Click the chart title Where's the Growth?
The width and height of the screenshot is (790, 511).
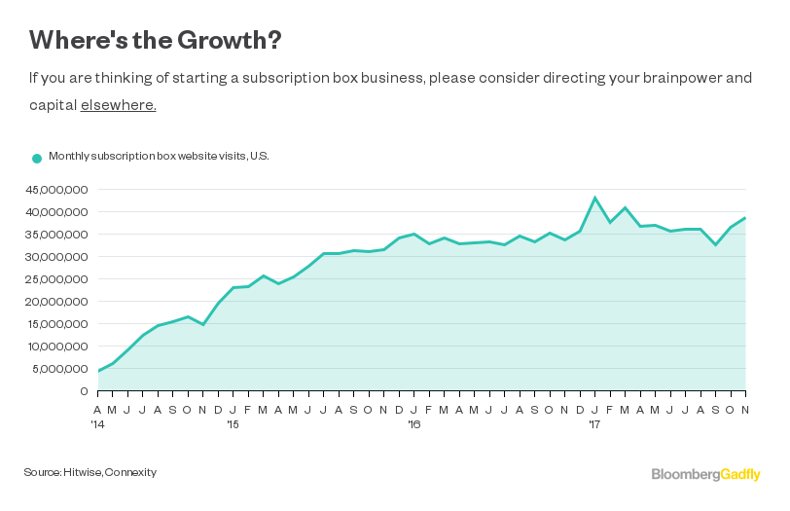pyautogui.click(x=156, y=40)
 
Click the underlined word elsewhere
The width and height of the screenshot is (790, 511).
pyautogui.click(x=118, y=104)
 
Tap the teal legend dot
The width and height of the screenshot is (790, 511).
pyautogui.click(x=37, y=158)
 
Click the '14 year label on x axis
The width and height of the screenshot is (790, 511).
pyautogui.click(x=98, y=424)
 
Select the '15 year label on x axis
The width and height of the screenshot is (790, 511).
pyautogui.click(x=233, y=424)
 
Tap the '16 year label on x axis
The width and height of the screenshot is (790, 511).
pyautogui.click(x=414, y=424)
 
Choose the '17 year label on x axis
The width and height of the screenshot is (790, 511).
pyautogui.click(x=594, y=424)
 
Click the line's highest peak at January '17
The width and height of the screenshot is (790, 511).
pyautogui.click(x=594, y=198)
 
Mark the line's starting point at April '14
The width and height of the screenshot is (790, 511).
pyautogui.click(x=98, y=371)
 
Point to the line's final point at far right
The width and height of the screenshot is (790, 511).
pyautogui.click(x=745, y=217)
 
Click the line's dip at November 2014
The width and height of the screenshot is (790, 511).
pyautogui.click(x=202, y=324)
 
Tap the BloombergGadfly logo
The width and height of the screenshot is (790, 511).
pyautogui.click(x=705, y=474)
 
